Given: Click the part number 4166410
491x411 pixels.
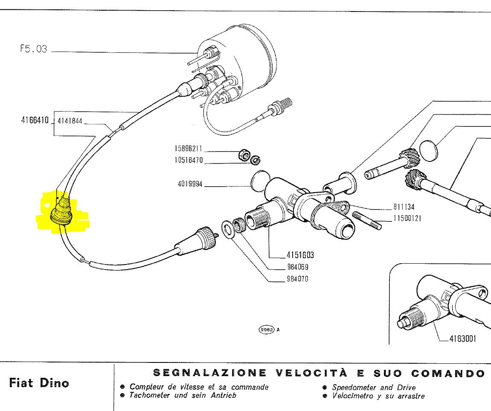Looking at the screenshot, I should point(35,121).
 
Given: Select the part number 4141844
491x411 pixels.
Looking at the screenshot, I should point(69,121).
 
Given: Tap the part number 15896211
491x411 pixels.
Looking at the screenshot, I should point(188,149).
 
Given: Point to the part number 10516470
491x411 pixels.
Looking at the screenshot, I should point(188,161).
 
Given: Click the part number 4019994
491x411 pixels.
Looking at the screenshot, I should point(190,184).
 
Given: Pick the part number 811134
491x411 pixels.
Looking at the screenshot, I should point(404,207).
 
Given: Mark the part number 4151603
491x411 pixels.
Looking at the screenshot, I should point(300,255).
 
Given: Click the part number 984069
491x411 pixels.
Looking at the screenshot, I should point(297,267).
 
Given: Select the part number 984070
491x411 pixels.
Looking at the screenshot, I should point(297,279).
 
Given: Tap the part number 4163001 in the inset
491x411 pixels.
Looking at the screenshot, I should point(463,339).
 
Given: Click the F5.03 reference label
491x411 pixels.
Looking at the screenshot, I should point(33,49).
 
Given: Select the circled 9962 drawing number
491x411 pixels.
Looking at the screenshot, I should point(266,330).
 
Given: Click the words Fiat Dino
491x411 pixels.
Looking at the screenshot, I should point(39,382).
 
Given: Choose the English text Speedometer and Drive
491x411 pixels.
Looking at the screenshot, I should point(374,387).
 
